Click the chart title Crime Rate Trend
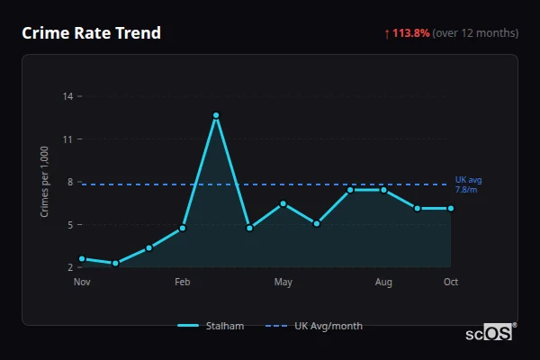pyautogui.click(x=91, y=33)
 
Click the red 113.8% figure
pyautogui.click(x=410, y=33)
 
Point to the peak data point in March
pyautogui.click(x=216, y=115)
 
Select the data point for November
pyautogui.click(x=82, y=259)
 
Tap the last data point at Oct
pyautogui.click(x=451, y=208)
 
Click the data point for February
pyautogui.click(x=183, y=228)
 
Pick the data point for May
pyautogui.click(x=283, y=203)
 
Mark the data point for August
pyautogui.click(x=383, y=190)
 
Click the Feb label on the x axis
pyautogui.click(x=183, y=283)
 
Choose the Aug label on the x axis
pyautogui.click(x=383, y=283)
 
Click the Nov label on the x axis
pyautogui.click(x=82, y=283)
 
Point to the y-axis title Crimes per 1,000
pyautogui.click(x=44, y=182)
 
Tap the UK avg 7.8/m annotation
pyautogui.click(x=468, y=184)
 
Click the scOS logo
pyautogui.click(x=490, y=332)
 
